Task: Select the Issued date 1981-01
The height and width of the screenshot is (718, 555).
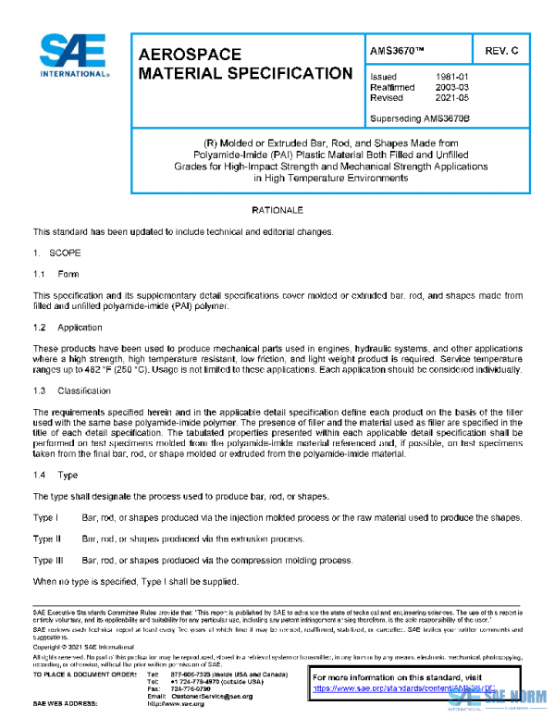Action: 451,76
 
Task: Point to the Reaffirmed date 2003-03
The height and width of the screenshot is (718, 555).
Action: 451,87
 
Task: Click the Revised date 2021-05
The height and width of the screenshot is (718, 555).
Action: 451,97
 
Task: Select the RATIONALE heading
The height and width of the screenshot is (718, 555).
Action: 277,211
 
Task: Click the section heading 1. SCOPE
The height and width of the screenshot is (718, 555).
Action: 58,252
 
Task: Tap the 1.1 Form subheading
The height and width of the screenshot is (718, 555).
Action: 56,274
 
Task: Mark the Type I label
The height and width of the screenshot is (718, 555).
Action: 45,517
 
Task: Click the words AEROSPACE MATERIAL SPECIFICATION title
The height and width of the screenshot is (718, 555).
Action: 244,64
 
